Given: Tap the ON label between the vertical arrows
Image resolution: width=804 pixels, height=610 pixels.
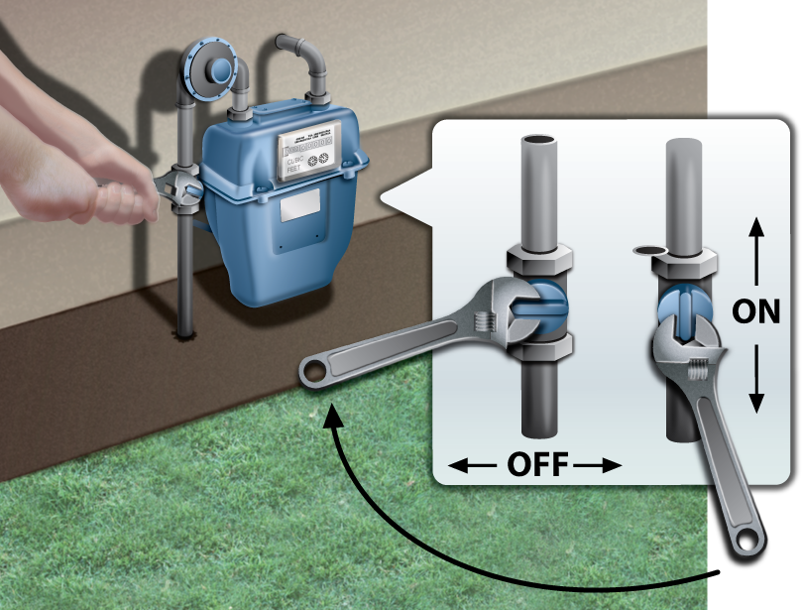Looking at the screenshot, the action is click(755, 310).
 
